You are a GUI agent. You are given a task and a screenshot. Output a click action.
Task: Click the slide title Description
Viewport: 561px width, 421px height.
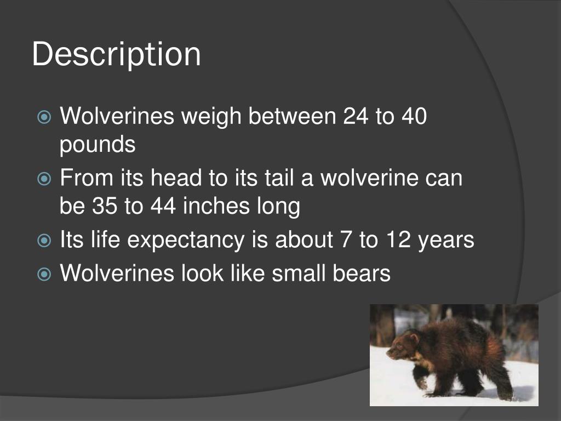pos(116,55)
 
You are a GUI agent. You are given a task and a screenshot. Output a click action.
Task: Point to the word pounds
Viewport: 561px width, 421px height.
pos(97,145)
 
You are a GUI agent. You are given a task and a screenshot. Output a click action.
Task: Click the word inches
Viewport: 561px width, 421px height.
pos(213,207)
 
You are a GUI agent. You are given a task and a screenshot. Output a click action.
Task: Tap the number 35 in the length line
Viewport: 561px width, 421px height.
pos(105,207)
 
